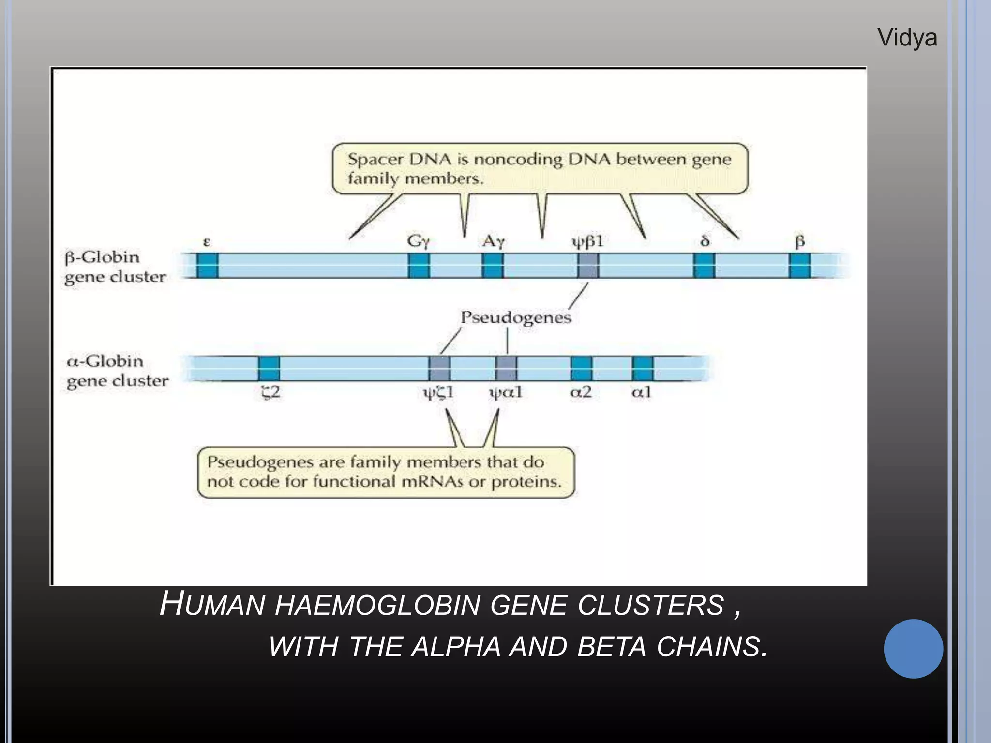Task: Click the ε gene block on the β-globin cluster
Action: point(207,266)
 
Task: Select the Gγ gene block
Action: point(419,266)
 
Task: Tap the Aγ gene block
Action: point(493,266)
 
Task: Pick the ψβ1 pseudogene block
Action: point(588,266)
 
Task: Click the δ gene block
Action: point(704,266)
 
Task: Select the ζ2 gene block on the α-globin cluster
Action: point(269,368)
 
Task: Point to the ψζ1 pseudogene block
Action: point(439,368)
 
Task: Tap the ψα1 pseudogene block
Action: point(506,368)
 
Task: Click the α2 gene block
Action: point(581,368)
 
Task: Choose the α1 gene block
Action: point(643,368)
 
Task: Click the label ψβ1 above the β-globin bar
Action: point(588,241)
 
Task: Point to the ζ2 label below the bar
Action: point(270,392)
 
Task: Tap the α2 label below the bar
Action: point(581,392)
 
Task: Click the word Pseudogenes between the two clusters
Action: point(515,318)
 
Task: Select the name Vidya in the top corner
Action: point(907,38)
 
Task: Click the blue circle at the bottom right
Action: point(913,649)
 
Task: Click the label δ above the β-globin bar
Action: point(705,241)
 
